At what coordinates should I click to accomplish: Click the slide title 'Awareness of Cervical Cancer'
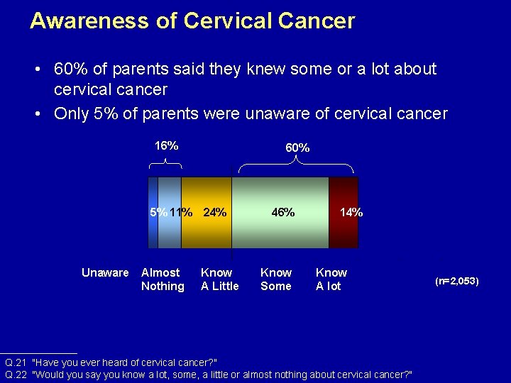(x=192, y=21)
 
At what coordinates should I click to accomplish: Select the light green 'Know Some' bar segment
(x=280, y=231)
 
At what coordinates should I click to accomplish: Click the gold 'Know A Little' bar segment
(x=206, y=231)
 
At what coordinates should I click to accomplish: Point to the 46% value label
(x=282, y=212)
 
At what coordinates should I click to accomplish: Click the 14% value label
(x=351, y=212)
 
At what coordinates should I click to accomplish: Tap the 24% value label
(x=214, y=212)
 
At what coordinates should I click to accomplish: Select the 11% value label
(x=181, y=212)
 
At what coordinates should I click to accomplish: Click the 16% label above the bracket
(x=166, y=145)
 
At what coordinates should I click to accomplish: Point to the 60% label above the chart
(x=297, y=148)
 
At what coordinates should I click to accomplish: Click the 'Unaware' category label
(x=105, y=272)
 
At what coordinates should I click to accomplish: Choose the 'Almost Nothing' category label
(x=163, y=279)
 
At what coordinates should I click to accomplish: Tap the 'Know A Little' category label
(x=219, y=279)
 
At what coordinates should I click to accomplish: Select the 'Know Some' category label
(x=276, y=279)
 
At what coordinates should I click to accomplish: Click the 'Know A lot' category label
(x=331, y=279)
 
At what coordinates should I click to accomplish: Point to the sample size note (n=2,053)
(x=456, y=281)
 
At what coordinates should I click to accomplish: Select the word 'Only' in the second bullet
(x=71, y=113)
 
